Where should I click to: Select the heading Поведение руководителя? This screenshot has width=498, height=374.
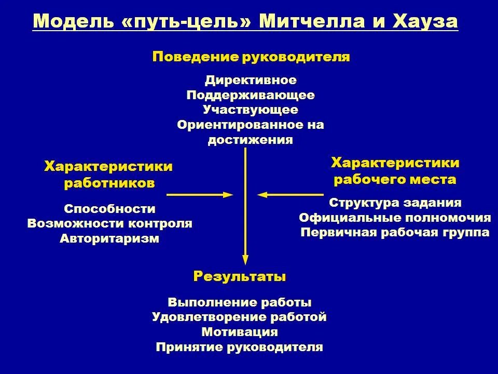[251, 57]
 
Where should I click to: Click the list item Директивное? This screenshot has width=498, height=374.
[251, 81]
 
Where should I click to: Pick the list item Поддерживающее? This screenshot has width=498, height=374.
[251, 96]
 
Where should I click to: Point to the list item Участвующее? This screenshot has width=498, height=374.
[251, 110]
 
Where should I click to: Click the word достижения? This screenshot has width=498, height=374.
[251, 140]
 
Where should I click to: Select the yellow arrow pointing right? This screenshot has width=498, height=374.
[200, 195]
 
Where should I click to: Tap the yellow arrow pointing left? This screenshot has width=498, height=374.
[290, 195]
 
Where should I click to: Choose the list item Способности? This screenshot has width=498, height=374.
[109, 209]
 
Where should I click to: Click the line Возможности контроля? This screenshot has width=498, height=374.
[109, 224]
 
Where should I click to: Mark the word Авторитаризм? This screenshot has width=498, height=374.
[109, 239]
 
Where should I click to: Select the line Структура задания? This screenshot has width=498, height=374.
[395, 203]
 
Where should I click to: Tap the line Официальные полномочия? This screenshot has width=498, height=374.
[395, 218]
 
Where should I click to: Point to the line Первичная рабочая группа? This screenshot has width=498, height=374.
[395, 233]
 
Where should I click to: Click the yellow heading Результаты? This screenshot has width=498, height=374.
[240, 276]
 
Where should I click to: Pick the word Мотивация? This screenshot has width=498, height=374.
[240, 332]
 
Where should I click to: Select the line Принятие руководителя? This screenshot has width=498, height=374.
[240, 347]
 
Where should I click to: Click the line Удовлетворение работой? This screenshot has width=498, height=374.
[240, 317]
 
